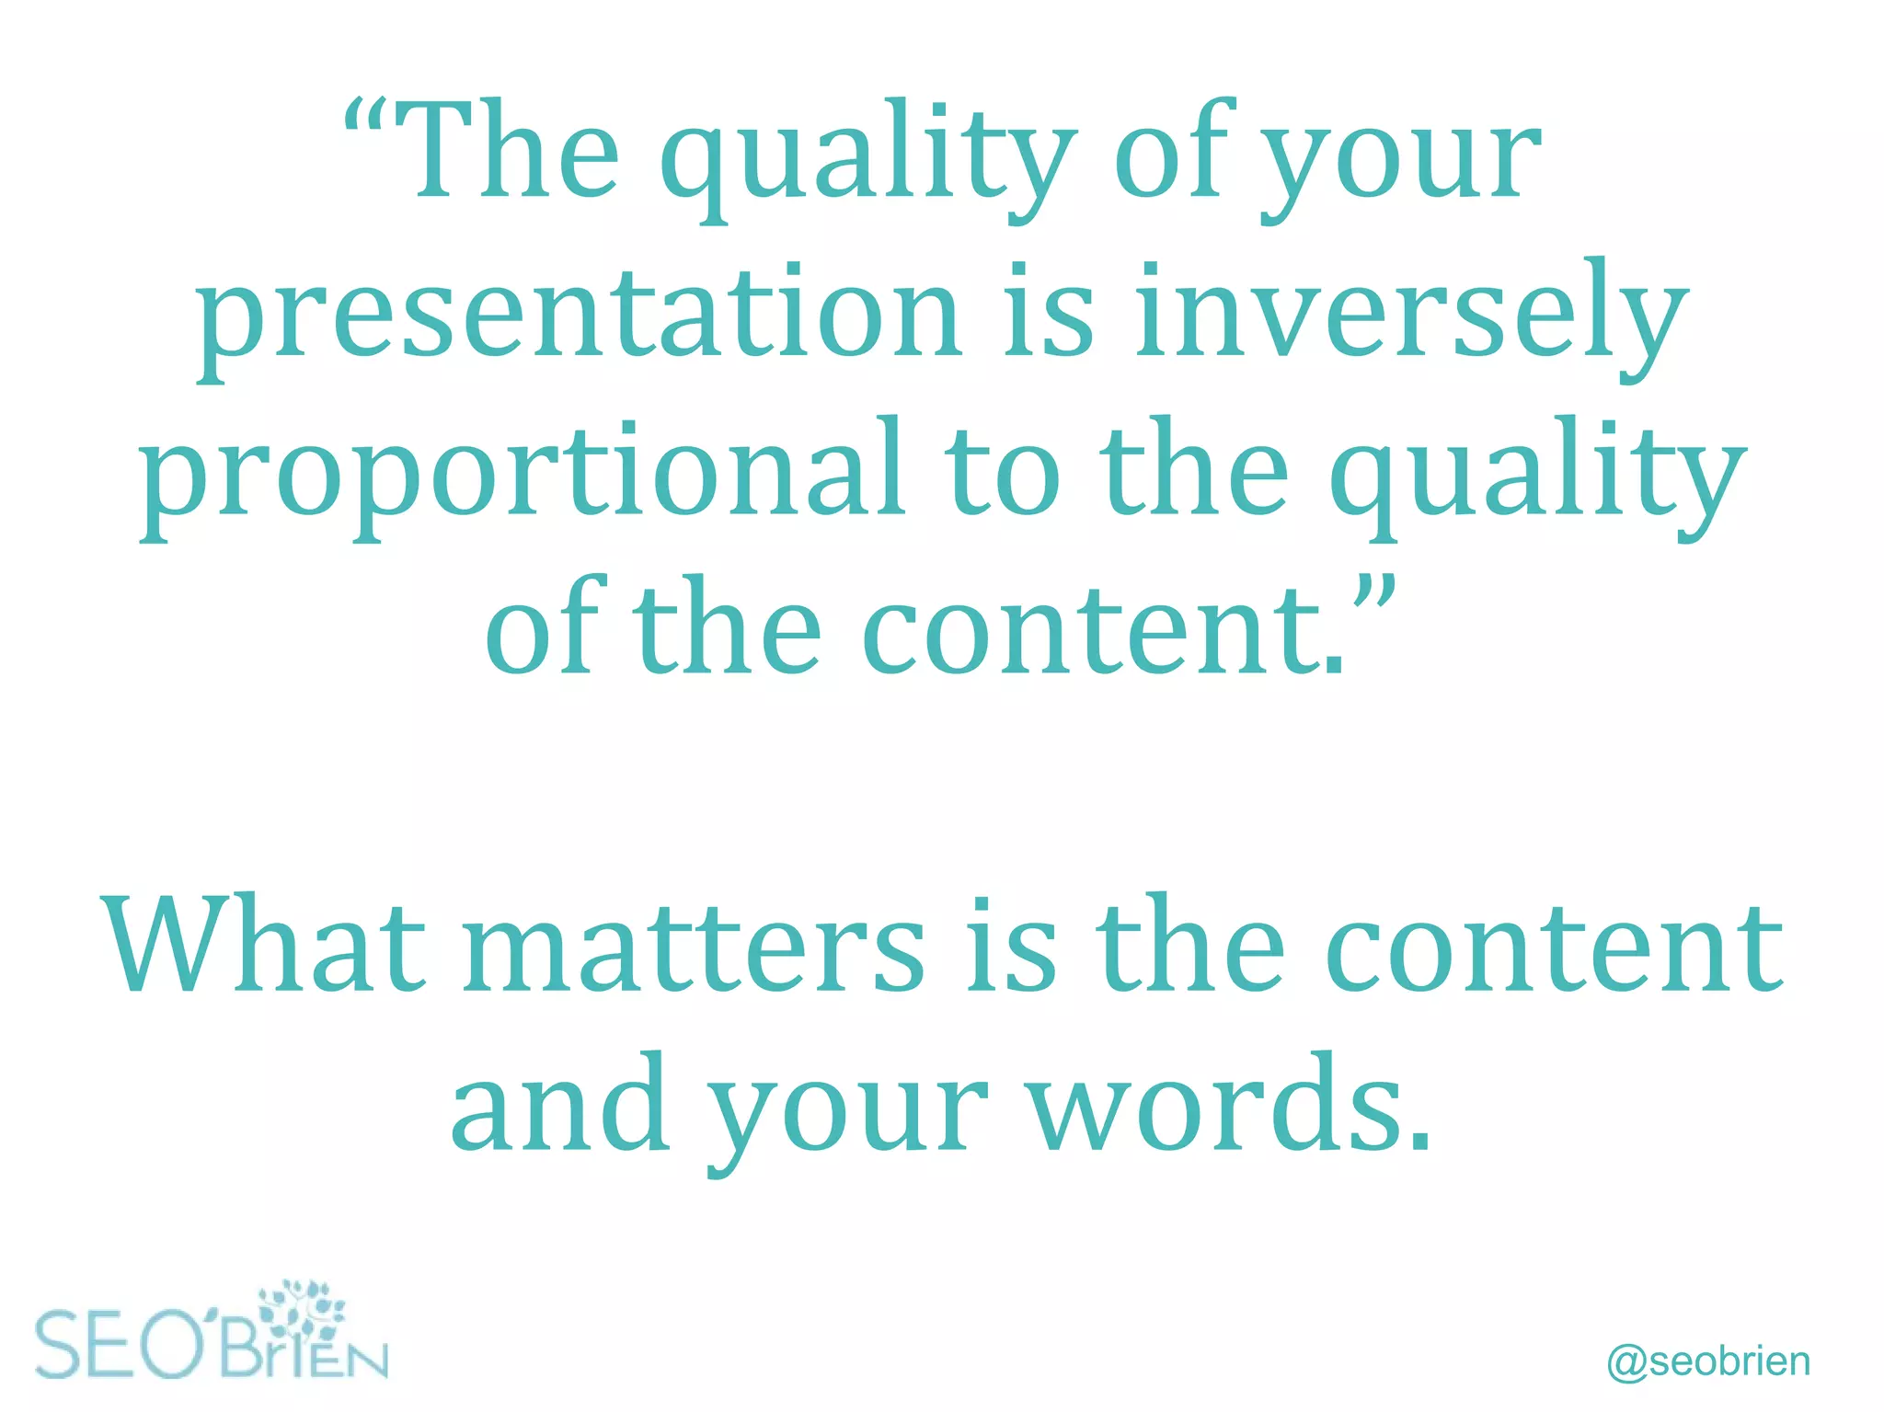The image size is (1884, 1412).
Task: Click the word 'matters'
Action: [695, 947]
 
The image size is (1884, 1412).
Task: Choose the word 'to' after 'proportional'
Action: [1004, 473]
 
